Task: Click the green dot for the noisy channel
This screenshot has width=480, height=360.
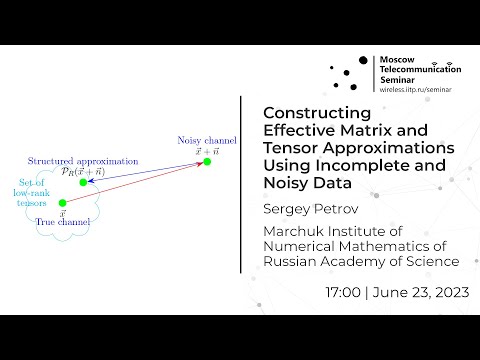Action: click(x=207, y=162)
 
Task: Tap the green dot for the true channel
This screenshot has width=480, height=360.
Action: click(x=62, y=204)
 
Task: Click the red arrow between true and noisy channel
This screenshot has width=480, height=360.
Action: click(x=135, y=183)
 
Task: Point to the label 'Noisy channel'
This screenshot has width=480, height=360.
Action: click(x=206, y=140)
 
